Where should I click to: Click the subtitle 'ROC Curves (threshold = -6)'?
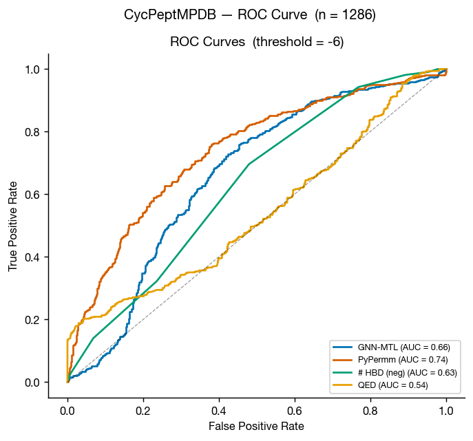click(257, 42)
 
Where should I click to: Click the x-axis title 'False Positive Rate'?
click(256, 427)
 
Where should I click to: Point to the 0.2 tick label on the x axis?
click(143, 410)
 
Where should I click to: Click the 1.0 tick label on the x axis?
click(446, 410)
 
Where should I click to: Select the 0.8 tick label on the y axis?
click(32, 131)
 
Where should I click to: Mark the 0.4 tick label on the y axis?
click(32, 257)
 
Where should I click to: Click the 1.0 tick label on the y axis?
click(32, 69)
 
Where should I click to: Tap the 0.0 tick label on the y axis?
click(32, 383)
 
